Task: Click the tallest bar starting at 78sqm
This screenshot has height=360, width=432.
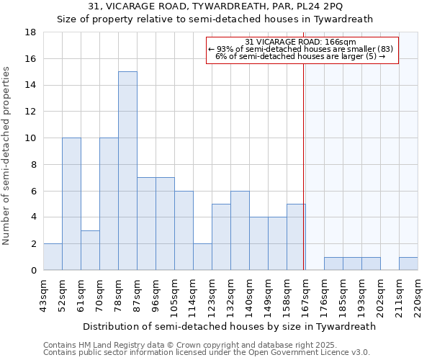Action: pos(127,171)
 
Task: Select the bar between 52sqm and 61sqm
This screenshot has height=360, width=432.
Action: pos(71,204)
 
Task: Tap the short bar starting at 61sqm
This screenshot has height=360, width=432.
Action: pos(90,250)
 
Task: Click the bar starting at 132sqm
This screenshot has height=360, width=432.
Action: pos(240,230)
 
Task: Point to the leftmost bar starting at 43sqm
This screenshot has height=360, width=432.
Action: pos(53,256)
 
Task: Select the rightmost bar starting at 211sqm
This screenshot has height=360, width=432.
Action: pos(408,264)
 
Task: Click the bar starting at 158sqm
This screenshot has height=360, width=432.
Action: pos(296,237)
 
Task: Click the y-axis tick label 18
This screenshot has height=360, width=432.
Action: pos(30,32)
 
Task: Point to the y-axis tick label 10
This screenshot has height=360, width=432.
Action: pos(30,138)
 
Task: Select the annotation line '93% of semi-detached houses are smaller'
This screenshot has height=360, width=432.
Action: pos(301,49)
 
